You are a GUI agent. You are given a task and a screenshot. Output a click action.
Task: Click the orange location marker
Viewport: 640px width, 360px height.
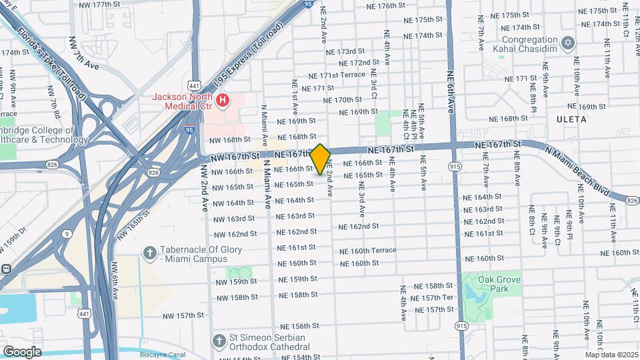click(x=321, y=159)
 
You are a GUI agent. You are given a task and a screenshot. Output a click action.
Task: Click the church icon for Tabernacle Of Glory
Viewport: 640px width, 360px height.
click(x=150, y=253)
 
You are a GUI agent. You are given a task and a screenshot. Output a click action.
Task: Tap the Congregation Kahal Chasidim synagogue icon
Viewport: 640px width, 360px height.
click(x=568, y=43)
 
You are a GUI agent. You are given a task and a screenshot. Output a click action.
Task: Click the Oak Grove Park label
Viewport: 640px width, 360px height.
click(x=503, y=284)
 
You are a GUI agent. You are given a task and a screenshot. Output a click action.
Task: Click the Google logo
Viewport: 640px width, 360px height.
click(x=22, y=351)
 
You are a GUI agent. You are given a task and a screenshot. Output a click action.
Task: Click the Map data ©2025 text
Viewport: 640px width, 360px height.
click(x=611, y=355)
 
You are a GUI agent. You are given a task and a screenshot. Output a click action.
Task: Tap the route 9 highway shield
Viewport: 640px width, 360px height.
click(x=68, y=233)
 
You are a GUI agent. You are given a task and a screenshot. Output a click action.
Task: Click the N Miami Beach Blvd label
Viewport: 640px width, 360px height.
click(x=583, y=171)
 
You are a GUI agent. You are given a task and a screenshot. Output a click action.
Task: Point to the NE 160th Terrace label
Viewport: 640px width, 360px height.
click(x=368, y=251)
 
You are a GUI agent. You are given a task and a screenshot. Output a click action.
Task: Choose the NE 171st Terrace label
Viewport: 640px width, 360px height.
click(x=343, y=75)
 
